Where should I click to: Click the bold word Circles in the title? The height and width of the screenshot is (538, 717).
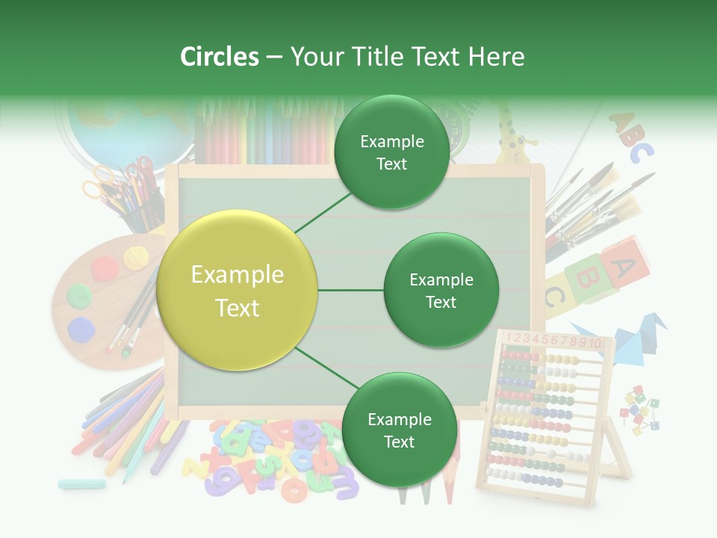[220, 57]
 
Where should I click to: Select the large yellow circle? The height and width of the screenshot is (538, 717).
[238, 291]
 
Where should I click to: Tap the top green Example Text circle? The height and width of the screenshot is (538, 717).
[391, 152]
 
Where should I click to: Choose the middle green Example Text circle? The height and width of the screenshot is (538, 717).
[441, 291]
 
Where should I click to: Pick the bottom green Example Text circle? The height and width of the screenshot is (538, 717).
[399, 430]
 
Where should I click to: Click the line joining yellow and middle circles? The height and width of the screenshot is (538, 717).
[350, 291]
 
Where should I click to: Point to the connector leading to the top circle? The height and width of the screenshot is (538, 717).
[323, 212]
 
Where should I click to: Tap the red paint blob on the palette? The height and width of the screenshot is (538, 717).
[105, 266]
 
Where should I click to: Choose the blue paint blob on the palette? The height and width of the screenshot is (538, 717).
[81, 328]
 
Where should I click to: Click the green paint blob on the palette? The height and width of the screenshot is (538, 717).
[78, 294]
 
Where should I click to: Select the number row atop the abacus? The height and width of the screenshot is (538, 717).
[553, 341]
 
